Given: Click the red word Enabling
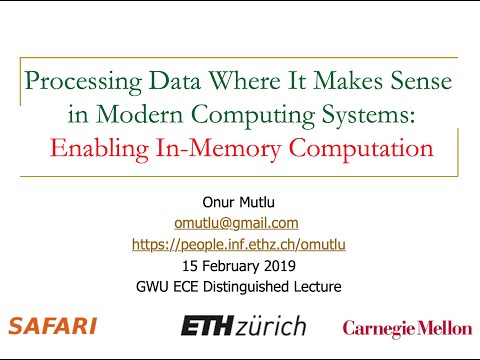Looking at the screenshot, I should click(93, 150).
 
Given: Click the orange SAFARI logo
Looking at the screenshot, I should click(52, 326).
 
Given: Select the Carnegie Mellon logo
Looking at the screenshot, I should click(406, 327).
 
